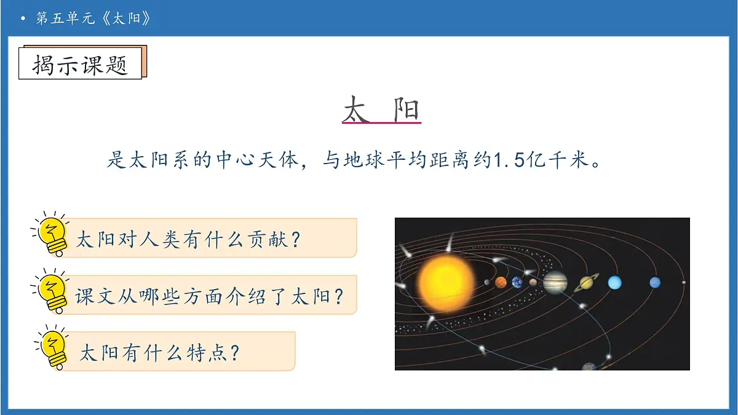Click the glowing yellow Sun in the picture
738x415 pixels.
click(x=446, y=283)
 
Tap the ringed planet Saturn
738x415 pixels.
click(x=584, y=283)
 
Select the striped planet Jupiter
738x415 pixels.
click(x=555, y=283)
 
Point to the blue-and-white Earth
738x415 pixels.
click(x=517, y=282)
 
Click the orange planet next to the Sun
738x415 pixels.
click(x=501, y=282)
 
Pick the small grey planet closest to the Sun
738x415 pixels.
click(x=486, y=283)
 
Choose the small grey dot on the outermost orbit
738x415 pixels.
click(x=684, y=283)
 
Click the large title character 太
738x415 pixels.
click(x=357, y=109)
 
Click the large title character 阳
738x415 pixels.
click(x=405, y=109)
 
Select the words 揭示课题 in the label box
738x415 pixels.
click(x=80, y=65)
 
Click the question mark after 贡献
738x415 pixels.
click(x=295, y=239)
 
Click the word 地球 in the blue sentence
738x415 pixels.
click(x=349, y=162)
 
